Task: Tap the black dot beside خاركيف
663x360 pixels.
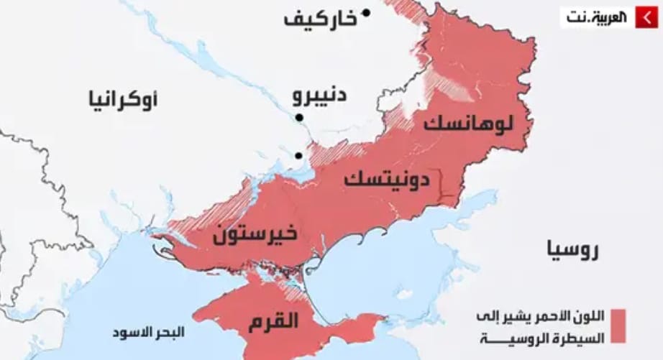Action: coord(366,12)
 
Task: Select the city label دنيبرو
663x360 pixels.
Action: coord(321,96)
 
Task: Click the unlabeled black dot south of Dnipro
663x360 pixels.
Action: coord(298,155)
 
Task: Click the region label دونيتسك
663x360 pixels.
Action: coord(386,179)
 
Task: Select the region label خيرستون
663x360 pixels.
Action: coord(256,235)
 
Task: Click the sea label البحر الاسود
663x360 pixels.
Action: coord(148,333)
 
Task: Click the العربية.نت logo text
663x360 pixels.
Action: coord(596,17)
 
